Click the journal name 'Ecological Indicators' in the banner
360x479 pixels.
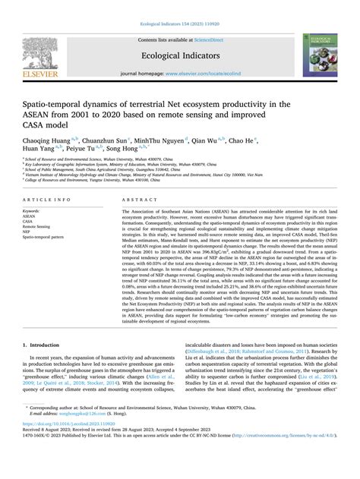(181, 55)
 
